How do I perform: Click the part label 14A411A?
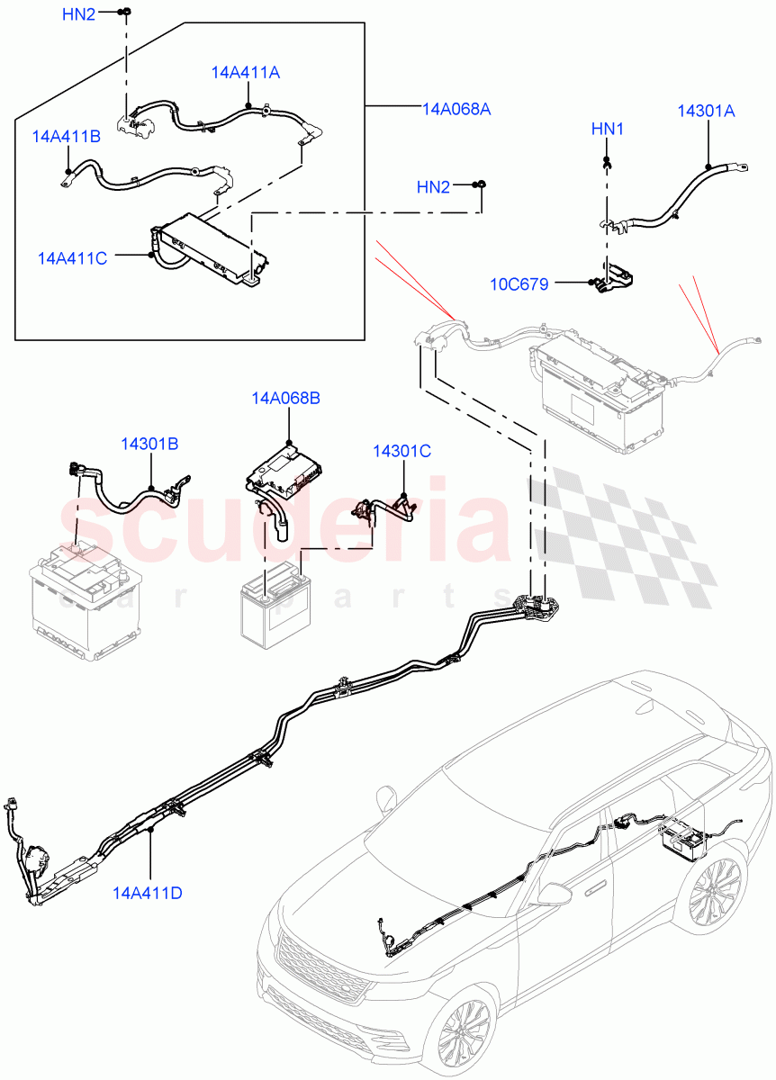[246, 73]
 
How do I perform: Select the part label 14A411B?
[66, 137]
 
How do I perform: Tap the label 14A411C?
[72, 258]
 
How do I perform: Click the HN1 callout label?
[608, 130]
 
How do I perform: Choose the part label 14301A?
[706, 112]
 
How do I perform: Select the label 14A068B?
[285, 397]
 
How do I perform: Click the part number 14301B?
[150, 444]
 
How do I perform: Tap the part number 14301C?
[402, 451]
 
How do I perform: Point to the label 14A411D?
[148, 893]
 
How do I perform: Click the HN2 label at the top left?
[78, 14]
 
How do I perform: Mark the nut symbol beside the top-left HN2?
[127, 12]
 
